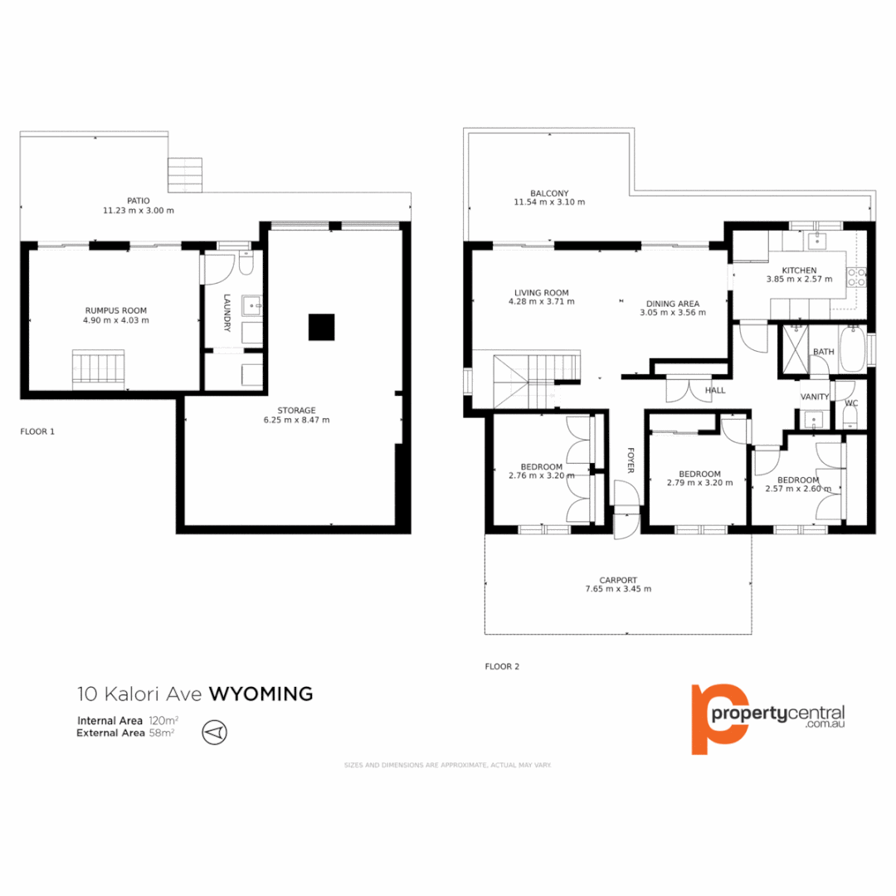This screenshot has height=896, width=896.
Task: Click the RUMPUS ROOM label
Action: click(115, 310)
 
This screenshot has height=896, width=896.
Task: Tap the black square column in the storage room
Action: click(321, 327)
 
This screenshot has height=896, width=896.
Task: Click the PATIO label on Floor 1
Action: click(139, 200)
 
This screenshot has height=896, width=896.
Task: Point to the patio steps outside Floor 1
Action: click(185, 174)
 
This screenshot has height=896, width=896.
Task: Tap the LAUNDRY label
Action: click(226, 314)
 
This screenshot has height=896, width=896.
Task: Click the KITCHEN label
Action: click(797, 270)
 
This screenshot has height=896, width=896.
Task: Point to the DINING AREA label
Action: click(672, 303)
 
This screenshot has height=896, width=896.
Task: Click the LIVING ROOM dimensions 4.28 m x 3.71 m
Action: click(541, 302)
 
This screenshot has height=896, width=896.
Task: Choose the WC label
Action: click(850, 404)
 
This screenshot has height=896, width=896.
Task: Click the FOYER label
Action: click(630, 460)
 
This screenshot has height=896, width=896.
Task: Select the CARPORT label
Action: click(618, 580)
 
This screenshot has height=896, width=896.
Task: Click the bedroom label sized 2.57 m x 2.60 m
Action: click(798, 480)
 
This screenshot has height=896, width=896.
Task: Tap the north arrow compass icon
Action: click(214, 732)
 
